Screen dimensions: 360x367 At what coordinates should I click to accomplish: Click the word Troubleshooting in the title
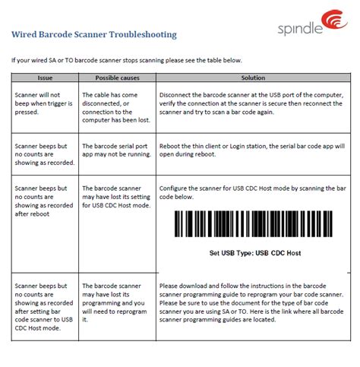[140, 34]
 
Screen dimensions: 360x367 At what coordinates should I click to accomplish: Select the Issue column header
[44, 78]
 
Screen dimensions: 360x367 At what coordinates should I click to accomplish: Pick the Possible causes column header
[116, 78]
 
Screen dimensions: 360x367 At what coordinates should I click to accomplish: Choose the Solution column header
[252, 78]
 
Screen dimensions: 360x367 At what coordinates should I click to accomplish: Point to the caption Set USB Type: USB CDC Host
[251, 254]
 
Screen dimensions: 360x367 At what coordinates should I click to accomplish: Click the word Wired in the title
[24, 34]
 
